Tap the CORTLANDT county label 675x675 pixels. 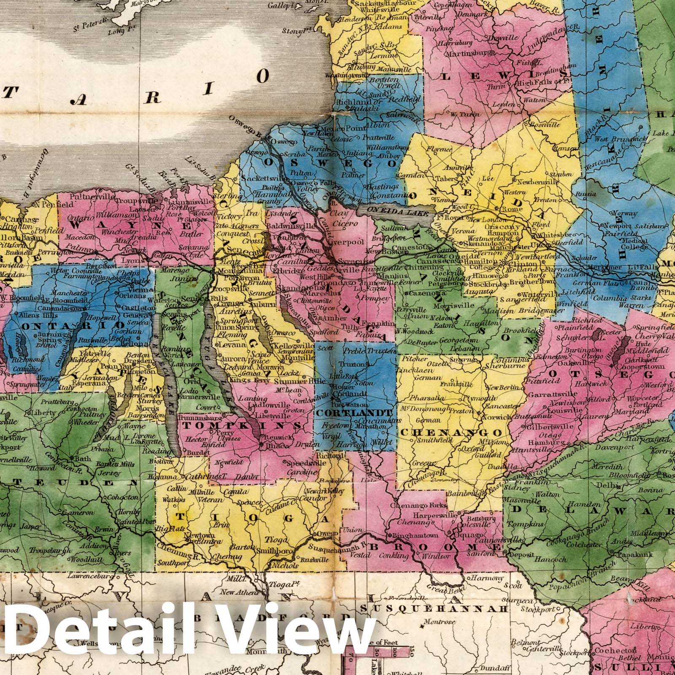pos(355,412)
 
